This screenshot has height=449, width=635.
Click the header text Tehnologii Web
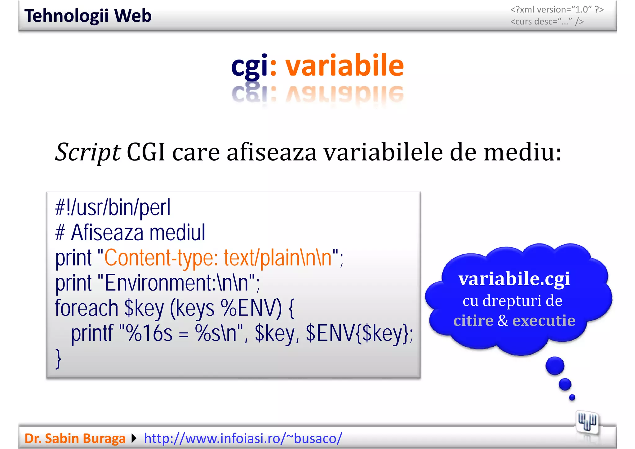(x=88, y=16)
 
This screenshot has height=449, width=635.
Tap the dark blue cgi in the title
(x=249, y=66)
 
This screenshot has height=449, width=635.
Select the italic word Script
(x=88, y=153)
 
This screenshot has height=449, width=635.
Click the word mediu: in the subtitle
(x=522, y=153)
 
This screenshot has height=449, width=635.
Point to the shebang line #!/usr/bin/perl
(x=113, y=208)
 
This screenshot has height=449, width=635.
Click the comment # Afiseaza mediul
(x=130, y=233)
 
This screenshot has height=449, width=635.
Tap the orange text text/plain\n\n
(x=278, y=258)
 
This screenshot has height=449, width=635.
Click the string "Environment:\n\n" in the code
(x=178, y=283)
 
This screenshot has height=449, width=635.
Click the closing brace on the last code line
(x=58, y=359)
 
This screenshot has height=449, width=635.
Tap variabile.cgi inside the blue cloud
(x=514, y=279)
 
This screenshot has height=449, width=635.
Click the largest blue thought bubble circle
(x=555, y=366)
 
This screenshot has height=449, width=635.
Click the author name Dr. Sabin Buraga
(x=75, y=438)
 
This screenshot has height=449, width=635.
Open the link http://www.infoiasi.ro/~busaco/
(x=243, y=438)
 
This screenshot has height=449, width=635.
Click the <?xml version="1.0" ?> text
(x=557, y=10)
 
